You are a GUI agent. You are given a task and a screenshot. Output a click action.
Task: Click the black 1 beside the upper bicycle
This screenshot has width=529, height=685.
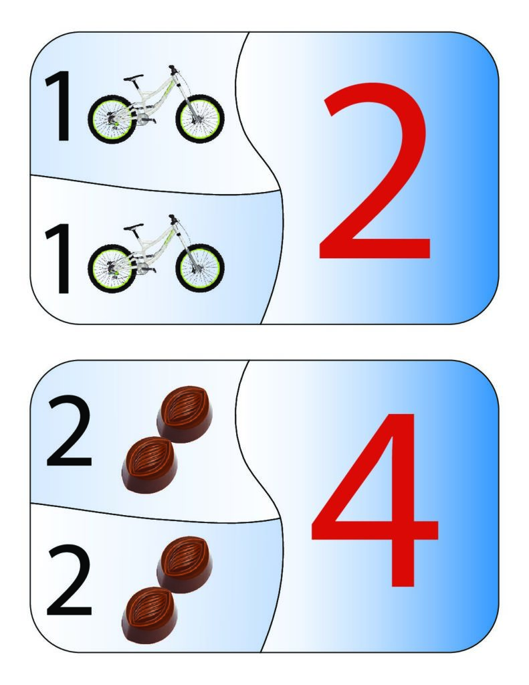(x=59, y=106)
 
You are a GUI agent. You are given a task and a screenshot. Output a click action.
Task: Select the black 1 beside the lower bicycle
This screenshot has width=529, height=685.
(x=59, y=259)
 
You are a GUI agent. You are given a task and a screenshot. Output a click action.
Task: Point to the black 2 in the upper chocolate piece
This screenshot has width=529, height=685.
(x=69, y=431)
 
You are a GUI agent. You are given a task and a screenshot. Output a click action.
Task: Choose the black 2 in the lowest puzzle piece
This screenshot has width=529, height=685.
(x=69, y=580)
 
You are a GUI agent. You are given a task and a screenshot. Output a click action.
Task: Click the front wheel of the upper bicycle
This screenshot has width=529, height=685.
(x=200, y=118)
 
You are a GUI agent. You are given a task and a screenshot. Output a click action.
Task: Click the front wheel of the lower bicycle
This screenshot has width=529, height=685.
(x=200, y=268)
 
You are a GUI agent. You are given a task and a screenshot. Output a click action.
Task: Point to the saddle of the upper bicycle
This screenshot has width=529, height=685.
(x=133, y=78)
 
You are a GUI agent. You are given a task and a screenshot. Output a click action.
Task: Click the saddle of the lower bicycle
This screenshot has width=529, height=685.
(x=133, y=227)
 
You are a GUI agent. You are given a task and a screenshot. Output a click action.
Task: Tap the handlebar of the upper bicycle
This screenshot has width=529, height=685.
(x=173, y=69)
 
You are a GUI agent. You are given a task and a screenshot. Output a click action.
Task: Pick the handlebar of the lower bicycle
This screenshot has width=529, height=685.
(x=173, y=219)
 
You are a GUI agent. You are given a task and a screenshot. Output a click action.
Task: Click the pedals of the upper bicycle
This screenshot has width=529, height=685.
(x=146, y=119)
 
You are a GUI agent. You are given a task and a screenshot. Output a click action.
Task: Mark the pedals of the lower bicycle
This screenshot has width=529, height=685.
(x=146, y=269)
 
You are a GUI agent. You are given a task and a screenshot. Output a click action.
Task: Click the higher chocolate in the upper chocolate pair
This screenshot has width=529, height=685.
(x=185, y=414)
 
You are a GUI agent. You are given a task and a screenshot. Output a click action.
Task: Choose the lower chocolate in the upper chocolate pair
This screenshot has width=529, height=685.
(x=150, y=465)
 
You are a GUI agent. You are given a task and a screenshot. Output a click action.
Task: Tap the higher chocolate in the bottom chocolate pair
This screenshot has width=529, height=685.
(x=185, y=565)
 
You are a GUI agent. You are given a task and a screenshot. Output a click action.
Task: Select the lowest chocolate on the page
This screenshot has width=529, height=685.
(x=150, y=615)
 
